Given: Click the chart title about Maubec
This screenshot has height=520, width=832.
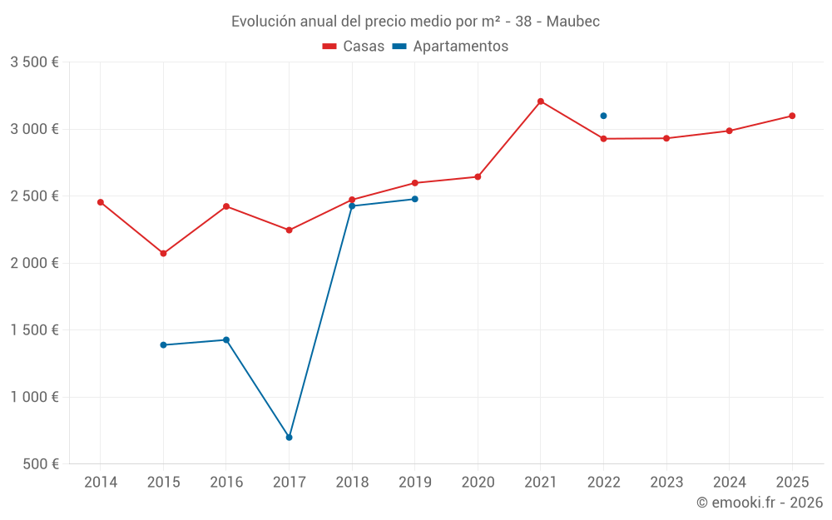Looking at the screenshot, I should click(415, 21).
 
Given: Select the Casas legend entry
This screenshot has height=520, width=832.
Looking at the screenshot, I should click(354, 47).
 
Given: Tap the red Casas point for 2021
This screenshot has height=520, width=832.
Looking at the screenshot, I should click(541, 102).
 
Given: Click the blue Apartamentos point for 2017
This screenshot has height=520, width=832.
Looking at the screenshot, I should click(289, 437).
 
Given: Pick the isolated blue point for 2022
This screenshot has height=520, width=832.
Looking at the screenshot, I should click(603, 116).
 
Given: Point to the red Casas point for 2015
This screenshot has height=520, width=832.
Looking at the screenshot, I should click(163, 253).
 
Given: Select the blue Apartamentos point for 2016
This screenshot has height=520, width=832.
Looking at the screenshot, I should click(226, 339).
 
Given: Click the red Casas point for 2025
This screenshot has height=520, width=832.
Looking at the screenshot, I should click(792, 116).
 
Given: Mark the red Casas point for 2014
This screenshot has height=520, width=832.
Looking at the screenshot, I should click(101, 202).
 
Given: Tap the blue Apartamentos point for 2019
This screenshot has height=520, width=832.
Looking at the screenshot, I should click(414, 199).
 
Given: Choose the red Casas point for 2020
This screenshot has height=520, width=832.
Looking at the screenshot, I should click(478, 176).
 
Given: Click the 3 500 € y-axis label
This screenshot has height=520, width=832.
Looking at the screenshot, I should click(34, 62).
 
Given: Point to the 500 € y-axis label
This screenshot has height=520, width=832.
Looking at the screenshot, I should click(39, 464).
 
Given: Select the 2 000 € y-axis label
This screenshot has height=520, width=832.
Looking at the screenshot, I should click(34, 263).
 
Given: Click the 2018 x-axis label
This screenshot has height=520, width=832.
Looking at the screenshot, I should click(352, 483).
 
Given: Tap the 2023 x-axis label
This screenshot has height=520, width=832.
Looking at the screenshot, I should click(666, 483).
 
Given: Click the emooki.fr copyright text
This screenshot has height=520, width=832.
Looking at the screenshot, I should click(759, 503).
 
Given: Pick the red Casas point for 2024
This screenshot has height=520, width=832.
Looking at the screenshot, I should click(729, 131).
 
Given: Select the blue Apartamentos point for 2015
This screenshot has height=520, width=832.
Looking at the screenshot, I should click(163, 344).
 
